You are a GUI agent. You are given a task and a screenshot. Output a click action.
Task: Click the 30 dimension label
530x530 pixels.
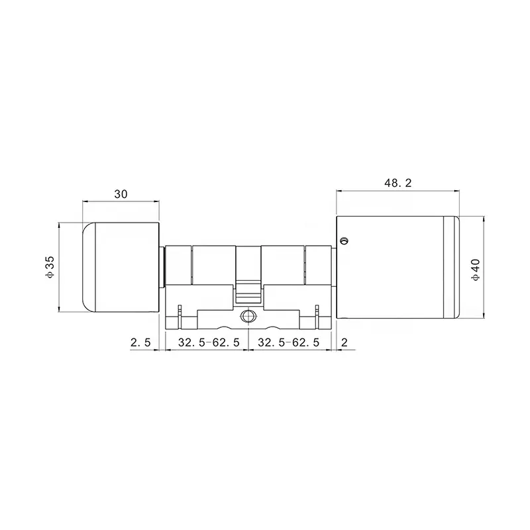click(121, 194)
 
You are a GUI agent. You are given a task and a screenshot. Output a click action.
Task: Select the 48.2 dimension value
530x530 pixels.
click(398, 183)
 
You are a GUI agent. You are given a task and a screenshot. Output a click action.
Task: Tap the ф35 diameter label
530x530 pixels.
click(50, 267)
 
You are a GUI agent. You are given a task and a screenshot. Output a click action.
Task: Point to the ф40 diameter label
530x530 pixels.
click(475, 270)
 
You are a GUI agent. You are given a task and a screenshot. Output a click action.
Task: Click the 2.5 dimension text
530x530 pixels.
click(140, 343)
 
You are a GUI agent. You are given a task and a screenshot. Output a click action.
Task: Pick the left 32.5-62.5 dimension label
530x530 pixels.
click(209, 343)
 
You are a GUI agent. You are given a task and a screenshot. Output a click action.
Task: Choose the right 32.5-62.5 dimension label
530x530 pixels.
click(288, 343)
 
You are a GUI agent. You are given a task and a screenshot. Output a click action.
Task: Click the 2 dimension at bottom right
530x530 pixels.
click(344, 343)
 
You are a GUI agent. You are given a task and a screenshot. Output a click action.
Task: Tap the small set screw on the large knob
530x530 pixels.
click(344, 240)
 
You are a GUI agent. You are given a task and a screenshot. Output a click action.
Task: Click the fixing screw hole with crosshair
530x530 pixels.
click(248, 316)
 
